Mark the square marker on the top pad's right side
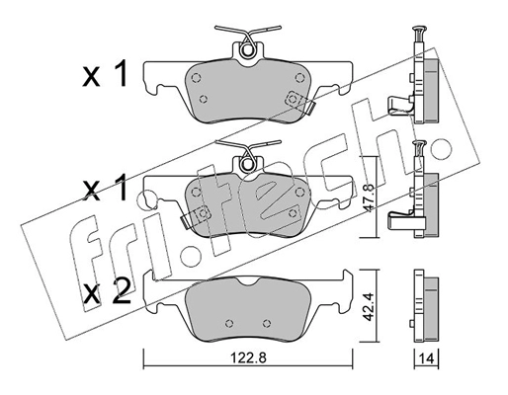292,99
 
